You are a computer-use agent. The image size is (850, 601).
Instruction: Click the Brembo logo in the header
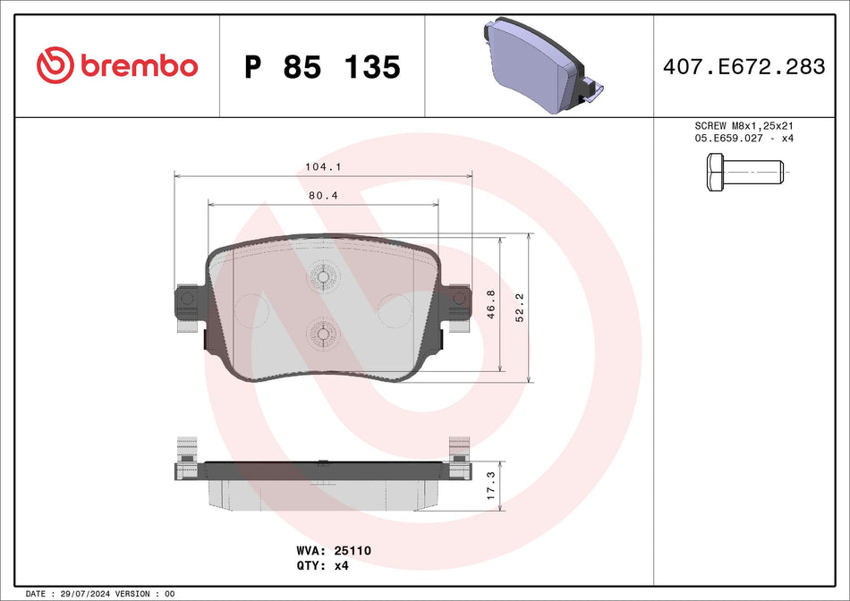coord(116,66)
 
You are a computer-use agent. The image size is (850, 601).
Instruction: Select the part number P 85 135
coord(322,67)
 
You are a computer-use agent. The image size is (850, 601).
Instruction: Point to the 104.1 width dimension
coord(324,166)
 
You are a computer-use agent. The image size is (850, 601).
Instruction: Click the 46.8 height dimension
coord(491,305)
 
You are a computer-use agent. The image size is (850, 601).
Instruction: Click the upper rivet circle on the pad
coord(322,276)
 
